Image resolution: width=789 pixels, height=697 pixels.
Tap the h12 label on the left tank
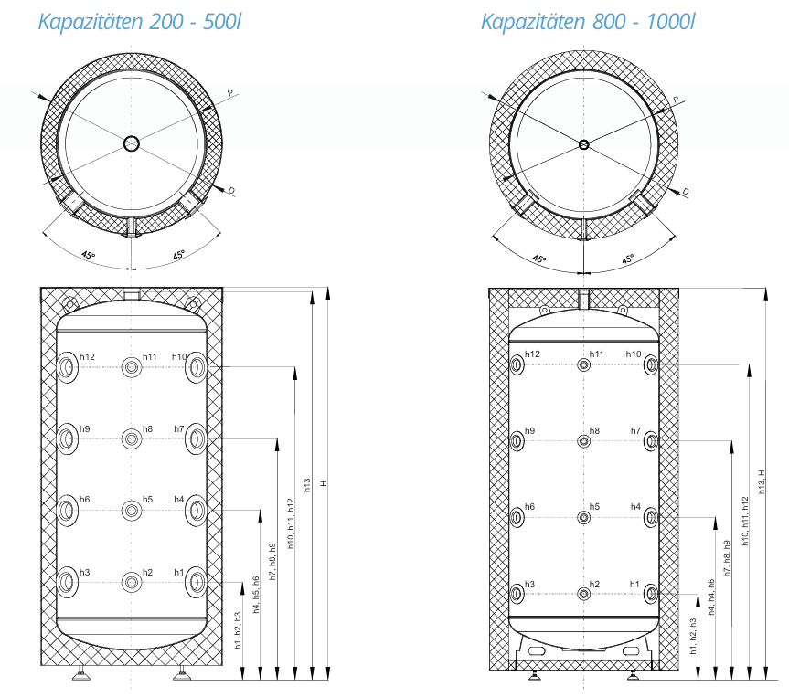87,356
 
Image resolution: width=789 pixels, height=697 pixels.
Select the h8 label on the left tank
147,428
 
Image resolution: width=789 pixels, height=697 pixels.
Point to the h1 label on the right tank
634,584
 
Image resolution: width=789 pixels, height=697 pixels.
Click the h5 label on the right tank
594,506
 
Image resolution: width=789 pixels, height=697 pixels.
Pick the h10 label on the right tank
633,354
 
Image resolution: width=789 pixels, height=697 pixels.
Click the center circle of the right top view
584,143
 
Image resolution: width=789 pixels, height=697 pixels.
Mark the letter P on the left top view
229,93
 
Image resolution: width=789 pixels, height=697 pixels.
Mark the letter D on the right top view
685,192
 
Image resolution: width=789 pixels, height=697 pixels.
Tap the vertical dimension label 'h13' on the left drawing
307,485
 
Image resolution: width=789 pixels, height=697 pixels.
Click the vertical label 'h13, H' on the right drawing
762,477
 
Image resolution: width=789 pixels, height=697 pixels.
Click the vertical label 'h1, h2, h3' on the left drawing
238,630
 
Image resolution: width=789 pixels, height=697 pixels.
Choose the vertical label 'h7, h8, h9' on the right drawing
727,557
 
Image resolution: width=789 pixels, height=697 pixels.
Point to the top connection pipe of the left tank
132,295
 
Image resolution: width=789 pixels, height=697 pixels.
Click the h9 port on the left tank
69,438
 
